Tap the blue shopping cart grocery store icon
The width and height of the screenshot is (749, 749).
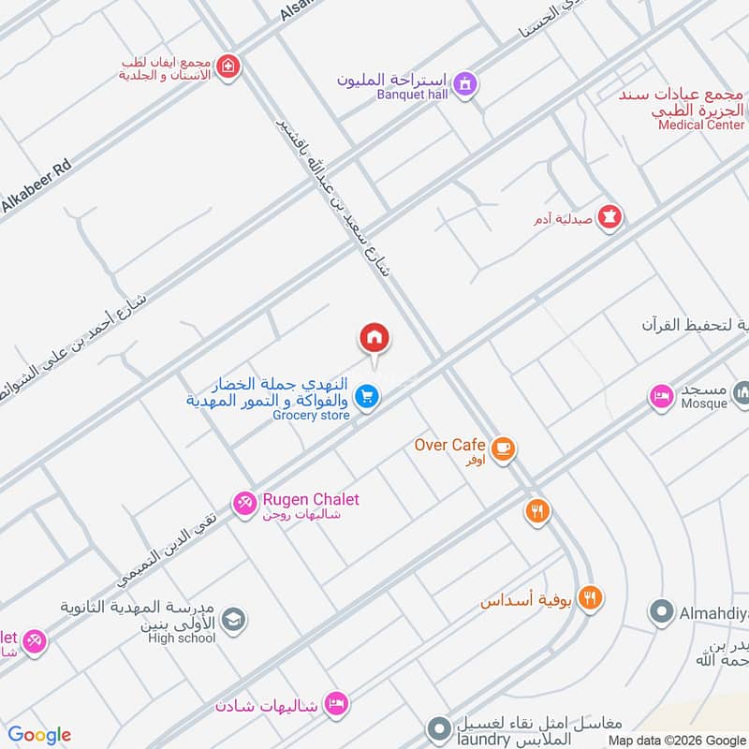(x=367, y=397)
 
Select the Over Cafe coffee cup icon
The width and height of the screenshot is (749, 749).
(x=503, y=449)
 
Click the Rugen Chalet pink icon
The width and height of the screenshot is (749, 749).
(x=244, y=503)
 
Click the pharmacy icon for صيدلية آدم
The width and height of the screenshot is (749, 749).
(x=610, y=217)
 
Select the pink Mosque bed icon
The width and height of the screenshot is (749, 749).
(x=662, y=396)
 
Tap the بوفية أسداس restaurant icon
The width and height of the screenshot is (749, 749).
(x=590, y=598)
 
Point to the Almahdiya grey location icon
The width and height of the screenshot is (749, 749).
(x=662, y=612)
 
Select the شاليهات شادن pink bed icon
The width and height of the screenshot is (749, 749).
(x=336, y=702)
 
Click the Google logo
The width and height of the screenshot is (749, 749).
(x=39, y=735)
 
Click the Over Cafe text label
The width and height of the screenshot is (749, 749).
(x=449, y=445)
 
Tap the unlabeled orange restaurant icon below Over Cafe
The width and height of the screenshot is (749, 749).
(x=536, y=511)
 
